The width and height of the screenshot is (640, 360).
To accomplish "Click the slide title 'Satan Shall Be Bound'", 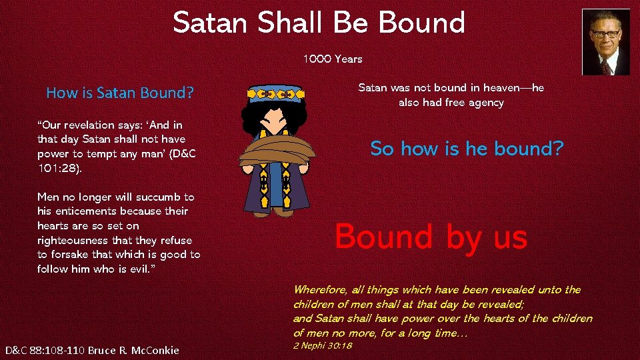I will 319,23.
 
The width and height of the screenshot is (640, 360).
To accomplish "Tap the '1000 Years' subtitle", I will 333,59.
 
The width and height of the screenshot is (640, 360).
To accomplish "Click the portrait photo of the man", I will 605,42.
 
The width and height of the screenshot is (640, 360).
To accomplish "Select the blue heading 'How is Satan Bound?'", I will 120,93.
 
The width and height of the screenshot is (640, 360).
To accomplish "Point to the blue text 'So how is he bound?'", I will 467,148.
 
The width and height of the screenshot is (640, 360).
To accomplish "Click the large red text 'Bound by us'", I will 431,237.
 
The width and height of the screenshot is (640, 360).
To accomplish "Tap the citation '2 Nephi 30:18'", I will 323,345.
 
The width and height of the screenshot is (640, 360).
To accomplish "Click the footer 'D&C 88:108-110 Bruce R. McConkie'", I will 92,350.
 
